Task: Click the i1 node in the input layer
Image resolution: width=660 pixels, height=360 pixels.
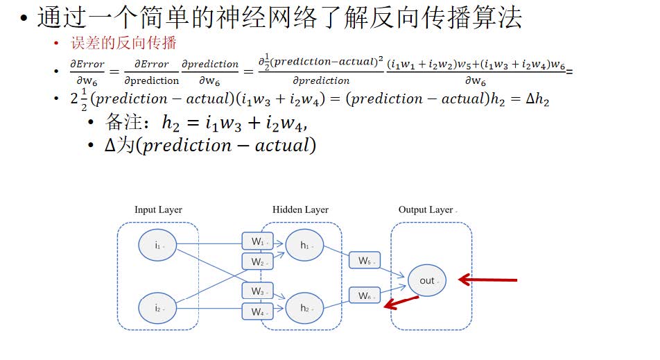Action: (157, 245)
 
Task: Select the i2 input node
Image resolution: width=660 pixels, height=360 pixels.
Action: (157, 308)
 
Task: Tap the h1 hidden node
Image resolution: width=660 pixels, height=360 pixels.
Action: (304, 245)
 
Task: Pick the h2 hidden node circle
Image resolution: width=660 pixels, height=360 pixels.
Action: (304, 308)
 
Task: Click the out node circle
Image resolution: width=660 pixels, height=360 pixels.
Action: (427, 280)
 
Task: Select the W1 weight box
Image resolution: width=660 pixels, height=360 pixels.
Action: (258, 241)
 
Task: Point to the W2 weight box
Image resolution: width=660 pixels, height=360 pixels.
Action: (258, 262)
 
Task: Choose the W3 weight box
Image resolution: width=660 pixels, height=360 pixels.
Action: (258, 291)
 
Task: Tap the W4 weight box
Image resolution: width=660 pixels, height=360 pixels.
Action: (258, 312)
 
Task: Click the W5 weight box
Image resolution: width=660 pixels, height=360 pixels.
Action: (365, 261)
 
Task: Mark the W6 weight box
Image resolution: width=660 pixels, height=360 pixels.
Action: (365, 295)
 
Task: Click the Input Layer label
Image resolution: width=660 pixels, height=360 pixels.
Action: (158, 210)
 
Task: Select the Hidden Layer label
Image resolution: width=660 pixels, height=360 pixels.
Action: (300, 210)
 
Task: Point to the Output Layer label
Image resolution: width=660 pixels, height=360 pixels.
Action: (426, 210)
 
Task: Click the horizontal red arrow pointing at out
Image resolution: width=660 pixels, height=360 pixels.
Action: (488, 280)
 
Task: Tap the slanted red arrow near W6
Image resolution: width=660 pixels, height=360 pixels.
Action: (402, 302)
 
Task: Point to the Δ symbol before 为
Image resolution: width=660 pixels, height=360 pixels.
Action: (110, 146)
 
